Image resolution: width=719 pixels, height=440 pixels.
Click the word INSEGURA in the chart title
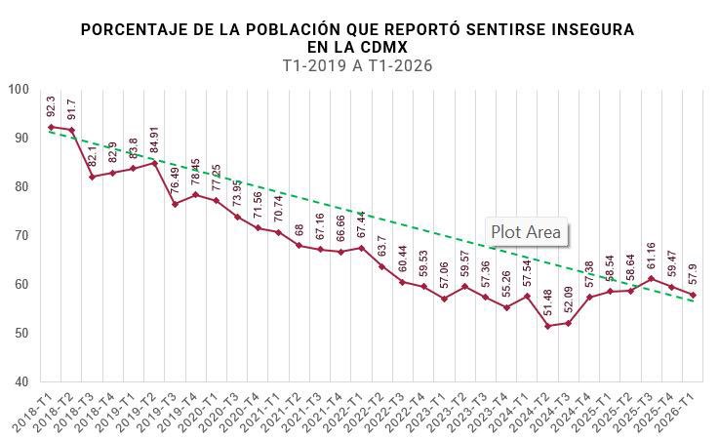586,29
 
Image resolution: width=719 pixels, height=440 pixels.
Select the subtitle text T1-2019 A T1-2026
357,66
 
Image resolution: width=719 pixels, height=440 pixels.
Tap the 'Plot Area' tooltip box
526,232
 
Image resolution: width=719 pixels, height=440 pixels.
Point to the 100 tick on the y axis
20,90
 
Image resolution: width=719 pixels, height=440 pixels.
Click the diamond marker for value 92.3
51,127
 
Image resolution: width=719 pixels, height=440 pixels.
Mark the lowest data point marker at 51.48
547,326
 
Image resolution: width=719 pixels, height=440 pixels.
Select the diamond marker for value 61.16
651,279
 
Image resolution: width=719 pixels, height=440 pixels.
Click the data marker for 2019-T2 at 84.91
154,163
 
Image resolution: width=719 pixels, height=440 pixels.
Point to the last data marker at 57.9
692,295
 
